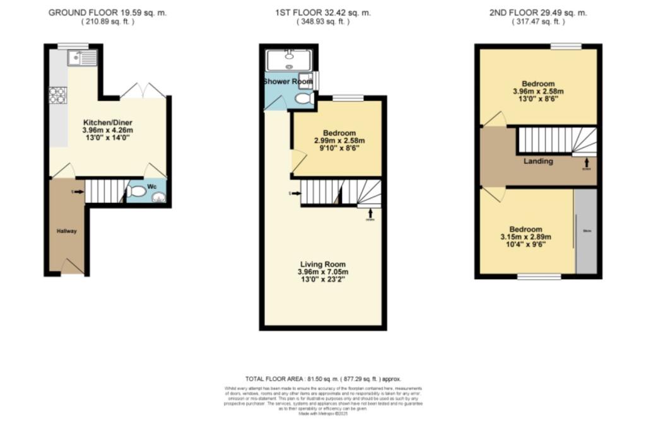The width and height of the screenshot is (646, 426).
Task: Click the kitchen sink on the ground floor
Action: tap(83, 59)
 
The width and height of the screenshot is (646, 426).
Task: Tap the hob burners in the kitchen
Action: tap(58, 95)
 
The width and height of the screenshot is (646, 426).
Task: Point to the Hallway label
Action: tap(68, 231)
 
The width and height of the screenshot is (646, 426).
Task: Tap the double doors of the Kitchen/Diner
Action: tap(143, 91)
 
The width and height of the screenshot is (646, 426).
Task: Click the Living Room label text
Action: tap(322, 264)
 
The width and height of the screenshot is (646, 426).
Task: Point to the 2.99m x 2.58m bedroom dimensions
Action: tap(340, 141)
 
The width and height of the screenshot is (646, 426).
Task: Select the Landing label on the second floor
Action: tap(538, 161)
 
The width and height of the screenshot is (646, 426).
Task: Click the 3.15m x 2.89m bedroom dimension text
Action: tap(525, 237)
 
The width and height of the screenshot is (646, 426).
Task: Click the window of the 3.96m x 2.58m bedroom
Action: tap(565, 45)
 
